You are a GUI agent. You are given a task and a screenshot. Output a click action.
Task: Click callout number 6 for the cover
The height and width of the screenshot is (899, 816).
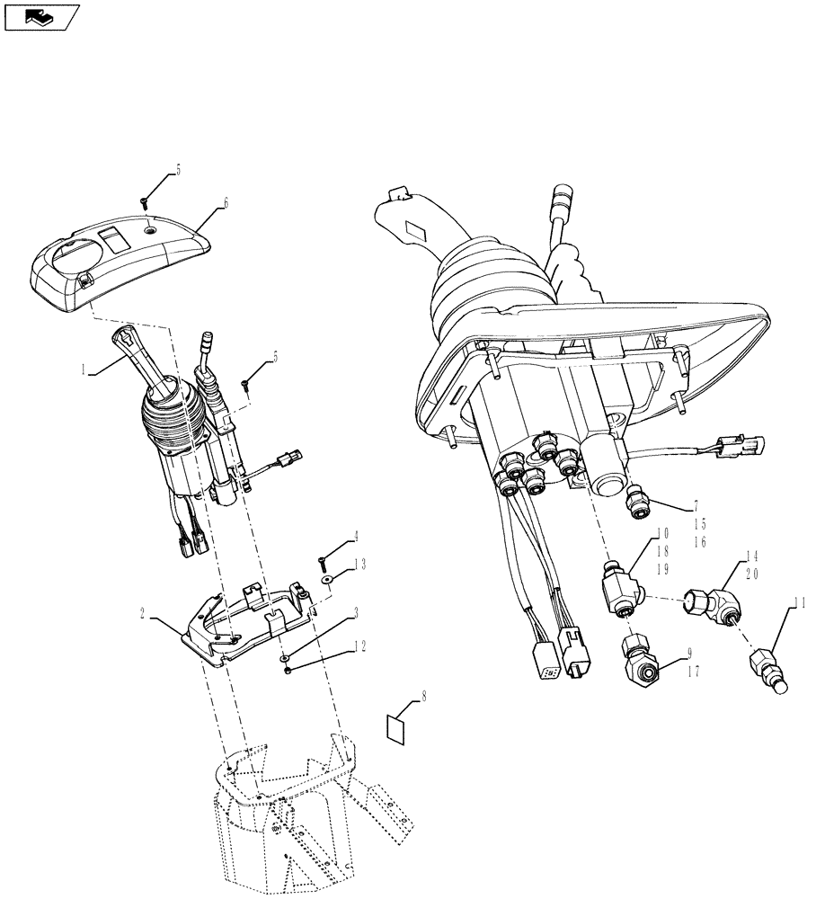[x=226, y=204]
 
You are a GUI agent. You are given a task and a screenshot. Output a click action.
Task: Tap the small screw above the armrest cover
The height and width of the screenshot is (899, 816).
[x=144, y=202]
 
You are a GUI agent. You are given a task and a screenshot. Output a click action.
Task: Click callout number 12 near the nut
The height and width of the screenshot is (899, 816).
[x=359, y=645]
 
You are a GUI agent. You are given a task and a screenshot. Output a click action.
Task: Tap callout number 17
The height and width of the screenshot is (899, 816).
[x=692, y=671]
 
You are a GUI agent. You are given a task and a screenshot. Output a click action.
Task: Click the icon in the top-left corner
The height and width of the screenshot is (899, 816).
[x=41, y=16]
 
